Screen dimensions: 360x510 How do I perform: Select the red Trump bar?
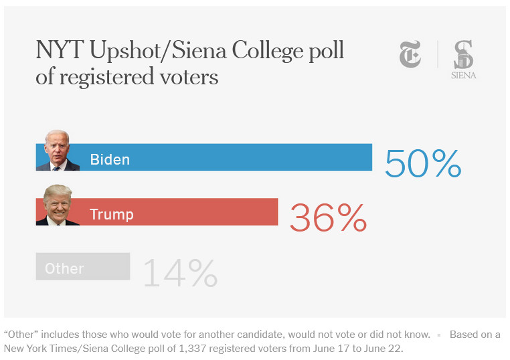[x=194, y=211]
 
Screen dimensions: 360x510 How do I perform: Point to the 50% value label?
[x=423, y=163]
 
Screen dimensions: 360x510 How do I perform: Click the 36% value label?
[x=328, y=217]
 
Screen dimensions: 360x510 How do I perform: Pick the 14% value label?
[x=180, y=272]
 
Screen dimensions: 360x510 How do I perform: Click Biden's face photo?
[x=58, y=151]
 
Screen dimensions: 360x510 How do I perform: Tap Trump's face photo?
[x=58, y=205]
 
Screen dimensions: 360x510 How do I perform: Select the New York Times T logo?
[x=410, y=54]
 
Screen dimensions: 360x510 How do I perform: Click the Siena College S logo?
[x=463, y=54]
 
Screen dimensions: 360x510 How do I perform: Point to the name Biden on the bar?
[x=110, y=160]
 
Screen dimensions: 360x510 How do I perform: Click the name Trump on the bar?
[x=112, y=214]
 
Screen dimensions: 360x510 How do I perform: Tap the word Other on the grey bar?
[x=64, y=269]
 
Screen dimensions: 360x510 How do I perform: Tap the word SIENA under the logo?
[x=463, y=76]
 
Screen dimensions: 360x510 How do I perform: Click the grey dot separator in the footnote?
[x=439, y=334]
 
